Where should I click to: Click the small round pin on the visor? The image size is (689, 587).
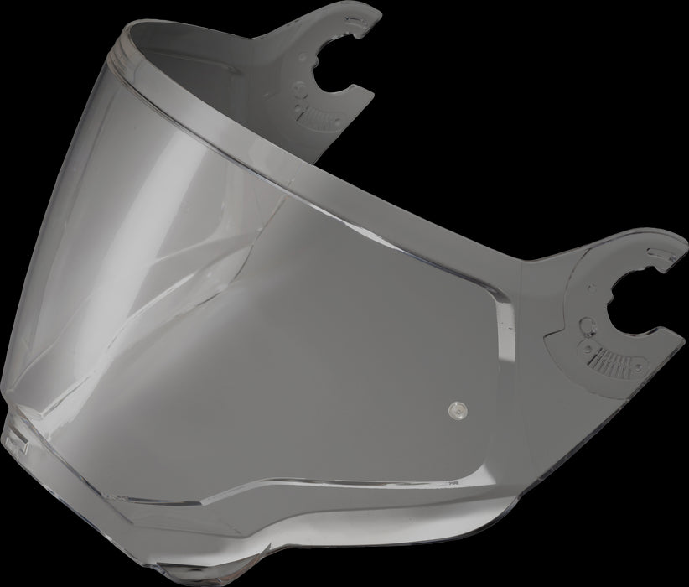[456, 409]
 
